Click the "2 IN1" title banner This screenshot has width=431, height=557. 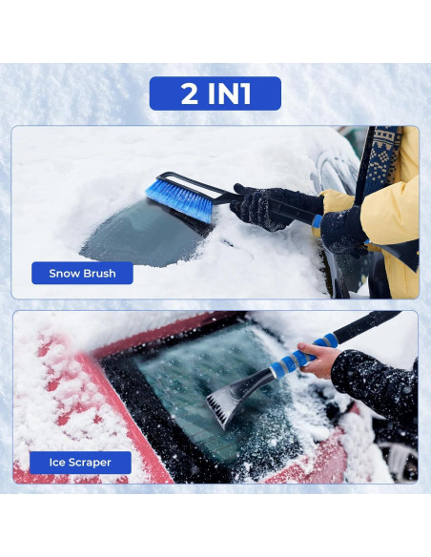(x=215, y=93)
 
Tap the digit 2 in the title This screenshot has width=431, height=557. (x=190, y=93)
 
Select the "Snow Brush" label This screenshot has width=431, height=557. (x=82, y=274)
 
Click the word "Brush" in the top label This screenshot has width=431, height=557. (x=98, y=274)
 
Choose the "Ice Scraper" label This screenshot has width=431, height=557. (x=80, y=463)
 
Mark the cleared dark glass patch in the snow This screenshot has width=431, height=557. (x=143, y=238)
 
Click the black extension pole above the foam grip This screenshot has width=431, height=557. (x=367, y=323)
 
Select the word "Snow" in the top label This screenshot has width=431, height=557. (x=63, y=274)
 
